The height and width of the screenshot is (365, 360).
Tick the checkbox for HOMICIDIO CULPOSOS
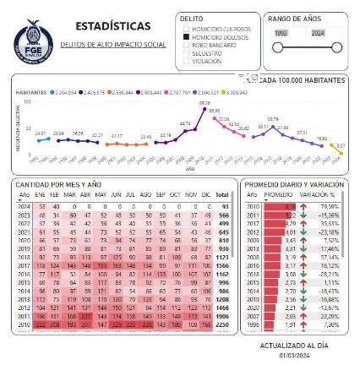(x=187, y=30)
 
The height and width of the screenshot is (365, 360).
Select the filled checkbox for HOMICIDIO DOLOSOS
(x=187, y=37)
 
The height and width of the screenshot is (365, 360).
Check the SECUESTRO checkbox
(x=187, y=52)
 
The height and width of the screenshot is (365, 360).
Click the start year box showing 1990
(x=282, y=31)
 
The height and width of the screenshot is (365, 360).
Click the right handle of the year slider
(x=337, y=47)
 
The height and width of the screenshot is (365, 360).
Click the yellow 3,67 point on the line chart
(x=341, y=145)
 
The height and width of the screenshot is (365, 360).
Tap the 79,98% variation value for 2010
(x=330, y=205)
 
